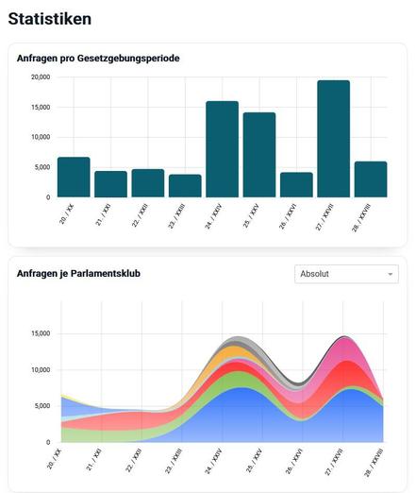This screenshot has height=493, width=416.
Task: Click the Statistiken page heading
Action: click(50, 19)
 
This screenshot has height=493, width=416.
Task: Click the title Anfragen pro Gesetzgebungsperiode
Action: click(98, 59)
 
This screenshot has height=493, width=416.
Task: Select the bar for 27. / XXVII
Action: click(333, 139)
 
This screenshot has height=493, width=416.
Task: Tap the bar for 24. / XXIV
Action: click(222, 149)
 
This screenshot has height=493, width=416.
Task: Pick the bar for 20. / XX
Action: click(74, 178)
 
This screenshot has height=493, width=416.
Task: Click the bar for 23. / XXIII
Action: click(185, 186)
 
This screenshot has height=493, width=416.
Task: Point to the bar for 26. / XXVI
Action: click(296, 185)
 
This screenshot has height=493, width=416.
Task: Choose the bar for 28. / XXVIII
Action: click(371, 179)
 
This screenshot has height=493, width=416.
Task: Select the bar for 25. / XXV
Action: click(259, 155)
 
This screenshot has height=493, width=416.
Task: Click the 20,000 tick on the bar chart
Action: click(41, 77)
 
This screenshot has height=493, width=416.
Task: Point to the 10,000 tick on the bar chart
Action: click(41, 137)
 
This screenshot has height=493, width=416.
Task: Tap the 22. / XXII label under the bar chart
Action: click(140, 215)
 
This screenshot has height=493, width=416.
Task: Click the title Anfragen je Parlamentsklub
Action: click(78, 273)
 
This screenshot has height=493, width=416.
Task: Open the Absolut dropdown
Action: click(346, 274)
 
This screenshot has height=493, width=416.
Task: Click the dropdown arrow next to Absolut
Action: click(391, 274)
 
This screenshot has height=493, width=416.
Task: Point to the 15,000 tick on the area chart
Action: click(41, 333)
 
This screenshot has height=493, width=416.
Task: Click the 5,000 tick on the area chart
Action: click(42, 406)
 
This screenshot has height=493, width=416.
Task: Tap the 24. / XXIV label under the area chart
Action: click(213, 461)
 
